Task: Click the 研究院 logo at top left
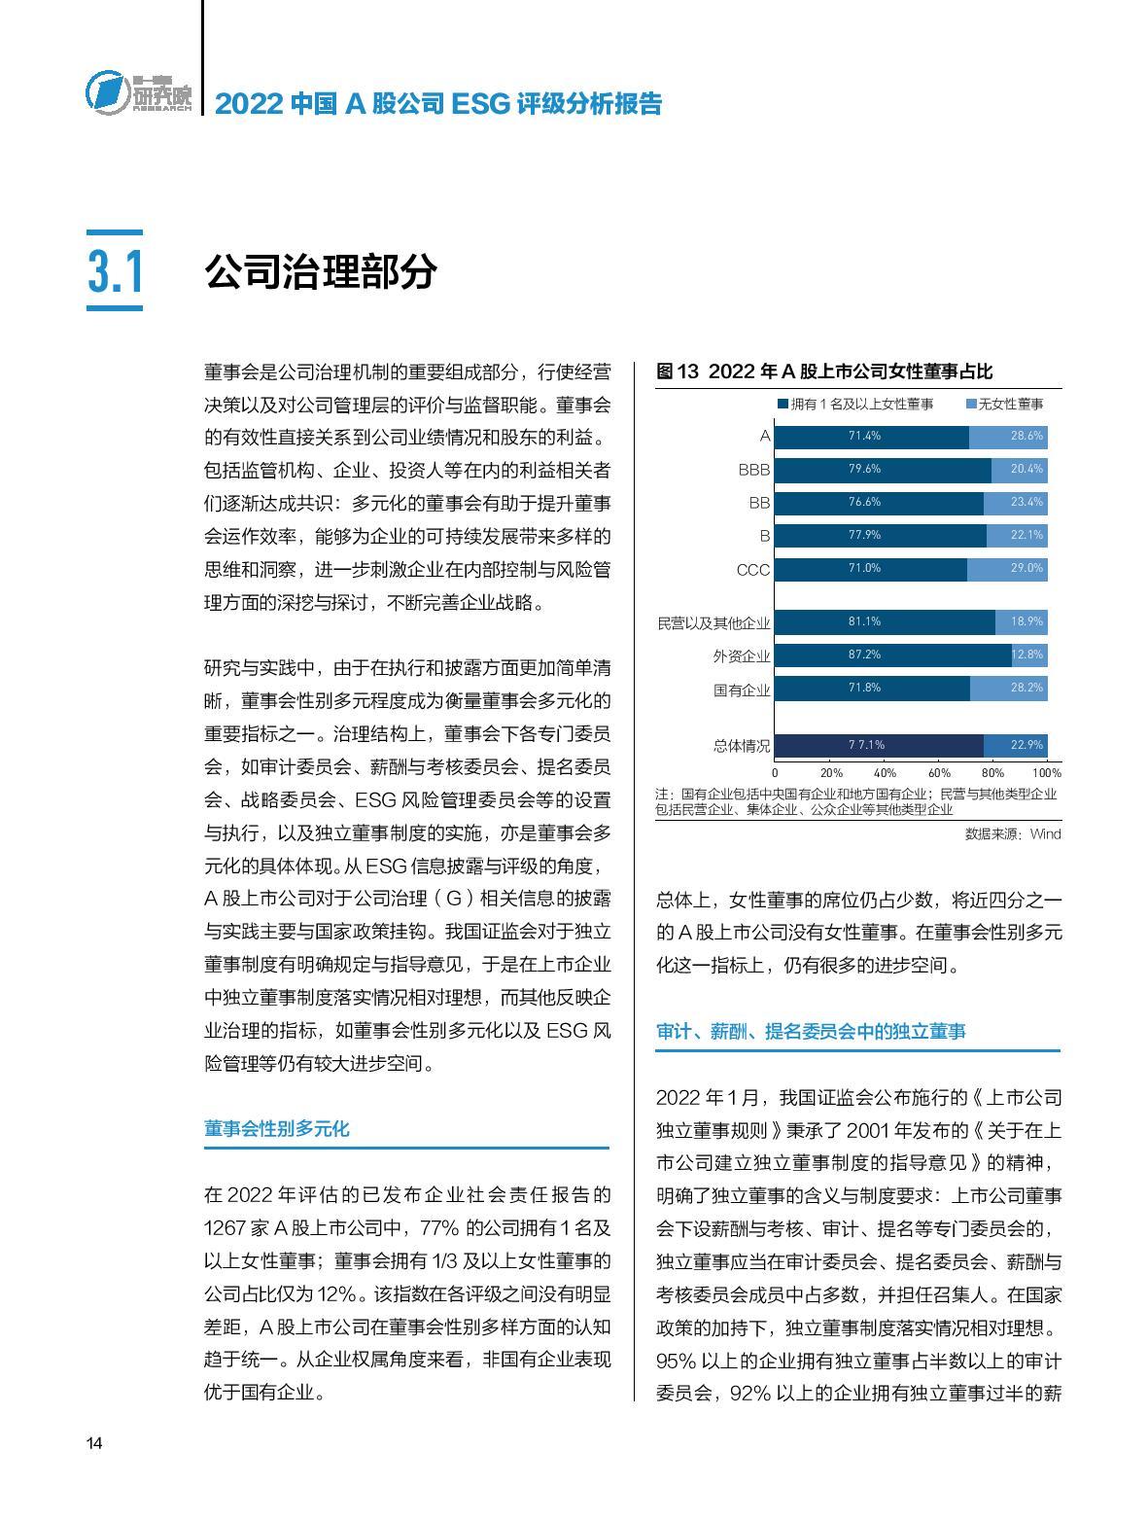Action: (138, 93)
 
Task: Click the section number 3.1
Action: (115, 272)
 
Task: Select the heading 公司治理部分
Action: (320, 273)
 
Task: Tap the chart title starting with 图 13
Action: (824, 372)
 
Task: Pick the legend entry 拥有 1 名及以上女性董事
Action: (855, 405)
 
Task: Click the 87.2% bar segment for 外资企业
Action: (893, 655)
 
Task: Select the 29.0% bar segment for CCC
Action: (1007, 569)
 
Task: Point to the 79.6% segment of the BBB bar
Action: (883, 470)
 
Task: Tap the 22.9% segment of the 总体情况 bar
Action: (1015, 746)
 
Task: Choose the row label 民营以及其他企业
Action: (713, 623)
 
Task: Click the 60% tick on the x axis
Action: (938, 773)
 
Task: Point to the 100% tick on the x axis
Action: (1046, 773)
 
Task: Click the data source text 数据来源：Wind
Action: (1012, 834)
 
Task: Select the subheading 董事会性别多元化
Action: (276, 1129)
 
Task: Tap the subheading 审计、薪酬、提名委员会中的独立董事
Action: (811, 1032)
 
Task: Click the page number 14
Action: (94, 1443)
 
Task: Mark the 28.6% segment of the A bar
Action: (1008, 437)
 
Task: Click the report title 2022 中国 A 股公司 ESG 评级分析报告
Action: (437, 103)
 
